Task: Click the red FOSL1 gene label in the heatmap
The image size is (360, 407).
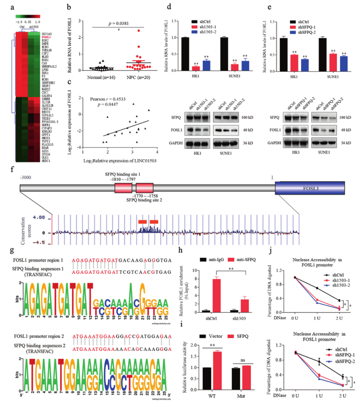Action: [x=46, y=37]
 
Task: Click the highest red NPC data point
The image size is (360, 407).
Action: [x=138, y=30]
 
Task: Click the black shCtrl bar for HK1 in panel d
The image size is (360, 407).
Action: [x=185, y=54]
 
